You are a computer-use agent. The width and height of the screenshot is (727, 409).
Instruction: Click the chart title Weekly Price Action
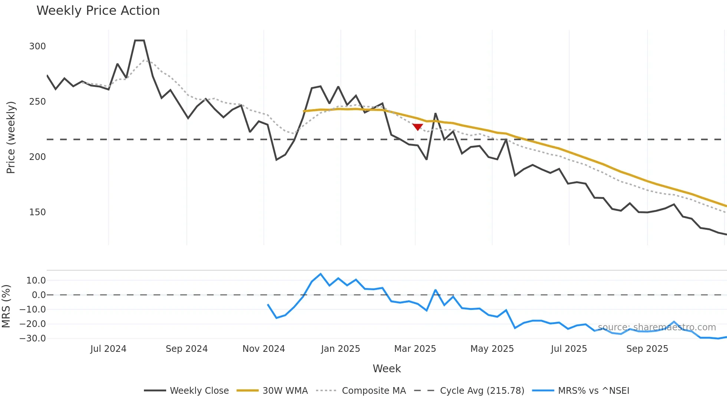coord(98,11)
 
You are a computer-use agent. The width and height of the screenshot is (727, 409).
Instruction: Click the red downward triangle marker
coord(418,127)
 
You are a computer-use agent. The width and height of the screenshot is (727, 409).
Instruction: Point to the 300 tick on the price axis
coord(37,46)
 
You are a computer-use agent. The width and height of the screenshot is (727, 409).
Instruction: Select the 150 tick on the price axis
coord(37,212)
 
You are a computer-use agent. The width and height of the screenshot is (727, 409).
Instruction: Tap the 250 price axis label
coord(37,102)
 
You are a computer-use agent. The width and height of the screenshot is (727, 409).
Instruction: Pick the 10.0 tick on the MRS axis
coord(36,281)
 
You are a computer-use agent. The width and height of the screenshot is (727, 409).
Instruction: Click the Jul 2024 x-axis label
coord(108,349)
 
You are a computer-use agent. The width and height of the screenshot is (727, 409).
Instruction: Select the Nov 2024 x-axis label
coord(264,349)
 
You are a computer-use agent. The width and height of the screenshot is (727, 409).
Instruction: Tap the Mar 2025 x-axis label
coord(415,349)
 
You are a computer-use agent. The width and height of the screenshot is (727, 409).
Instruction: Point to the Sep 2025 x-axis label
coord(647,349)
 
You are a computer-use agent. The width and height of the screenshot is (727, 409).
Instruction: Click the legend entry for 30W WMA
coord(285,391)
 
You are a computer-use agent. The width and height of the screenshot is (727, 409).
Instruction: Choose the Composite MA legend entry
coord(374,391)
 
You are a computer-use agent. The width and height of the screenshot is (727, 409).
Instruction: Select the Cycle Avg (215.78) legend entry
coord(482,391)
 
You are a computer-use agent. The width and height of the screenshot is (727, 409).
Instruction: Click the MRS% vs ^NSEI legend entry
coord(593,391)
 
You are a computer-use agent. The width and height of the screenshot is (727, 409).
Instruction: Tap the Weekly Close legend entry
coord(199,391)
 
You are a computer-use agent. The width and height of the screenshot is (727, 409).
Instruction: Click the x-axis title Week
coord(386,369)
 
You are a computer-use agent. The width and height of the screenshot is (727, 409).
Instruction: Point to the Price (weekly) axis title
coord(11,137)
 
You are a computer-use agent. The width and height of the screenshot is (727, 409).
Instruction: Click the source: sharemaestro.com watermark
coord(657,327)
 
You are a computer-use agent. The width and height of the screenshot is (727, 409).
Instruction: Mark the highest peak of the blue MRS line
coord(321,274)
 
